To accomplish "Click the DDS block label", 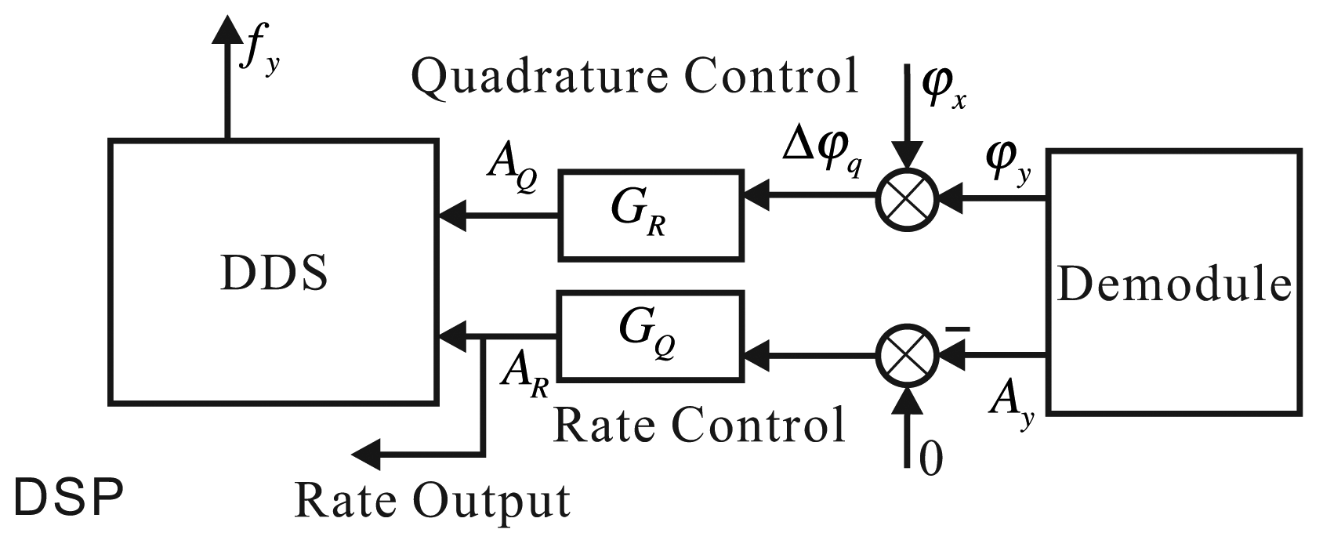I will [x=274, y=274].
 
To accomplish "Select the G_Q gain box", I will [x=649, y=335].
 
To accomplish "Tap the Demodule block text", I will [x=1174, y=284].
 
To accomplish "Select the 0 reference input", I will [x=930, y=458].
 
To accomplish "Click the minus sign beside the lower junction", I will [x=958, y=330].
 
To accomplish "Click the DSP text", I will [x=69, y=498].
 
